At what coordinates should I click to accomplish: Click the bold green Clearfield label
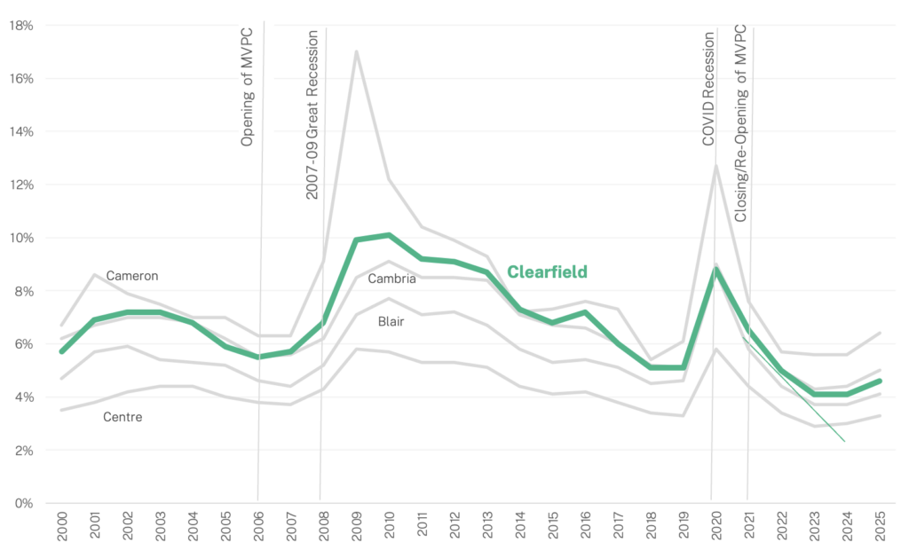[x=547, y=271]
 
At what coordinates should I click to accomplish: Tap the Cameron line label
[x=132, y=276]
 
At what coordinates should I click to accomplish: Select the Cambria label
[x=391, y=279]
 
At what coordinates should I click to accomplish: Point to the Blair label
[x=391, y=322]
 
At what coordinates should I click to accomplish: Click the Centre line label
[x=123, y=417]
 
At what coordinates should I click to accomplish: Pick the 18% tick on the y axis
[x=21, y=26]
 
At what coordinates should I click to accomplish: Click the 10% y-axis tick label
[x=21, y=238]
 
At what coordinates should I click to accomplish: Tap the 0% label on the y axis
[x=24, y=504]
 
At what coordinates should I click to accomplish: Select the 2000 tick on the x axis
[x=62, y=526]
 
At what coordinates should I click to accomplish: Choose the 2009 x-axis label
[x=357, y=526]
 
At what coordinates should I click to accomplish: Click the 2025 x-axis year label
[x=881, y=526]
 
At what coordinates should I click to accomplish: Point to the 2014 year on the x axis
[x=520, y=526]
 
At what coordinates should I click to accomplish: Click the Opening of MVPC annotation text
[x=248, y=87]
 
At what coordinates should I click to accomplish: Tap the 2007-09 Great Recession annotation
[x=312, y=114]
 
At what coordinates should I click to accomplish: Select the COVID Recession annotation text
[x=708, y=89]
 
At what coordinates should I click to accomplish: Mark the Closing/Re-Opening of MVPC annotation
[x=741, y=123]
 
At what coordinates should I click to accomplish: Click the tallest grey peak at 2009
[x=357, y=51]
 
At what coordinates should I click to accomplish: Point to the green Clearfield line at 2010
[x=390, y=235]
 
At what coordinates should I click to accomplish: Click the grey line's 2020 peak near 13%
[x=716, y=166]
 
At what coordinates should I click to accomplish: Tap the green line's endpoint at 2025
[x=880, y=381]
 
